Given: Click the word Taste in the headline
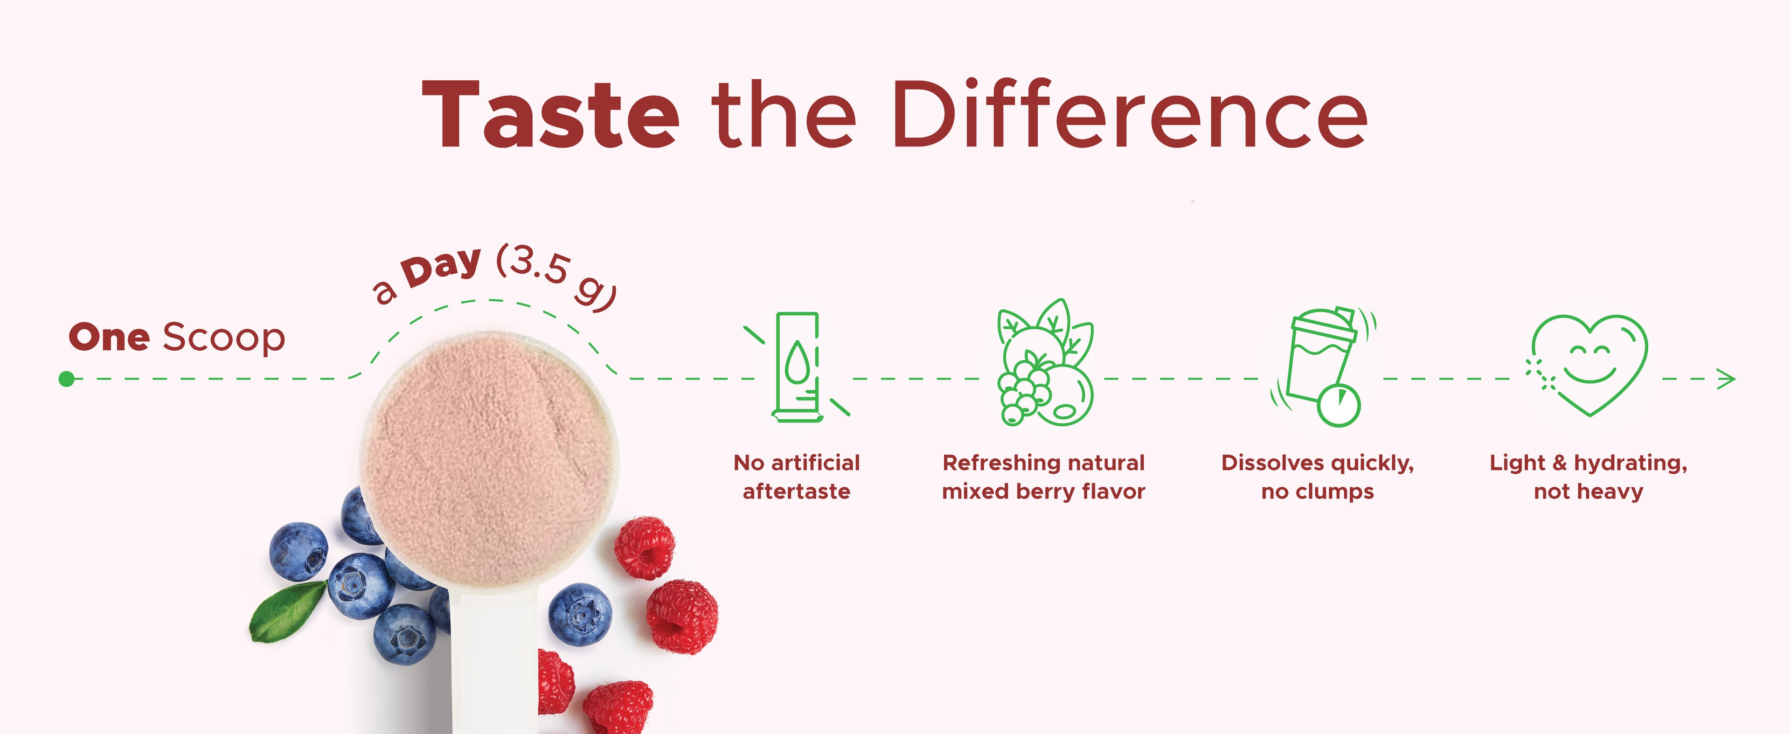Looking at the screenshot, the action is tap(551, 115).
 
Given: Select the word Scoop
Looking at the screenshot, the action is tap(224, 338).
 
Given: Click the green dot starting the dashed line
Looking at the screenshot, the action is tap(67, 379).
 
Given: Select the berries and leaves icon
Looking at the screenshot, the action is tap(1045, 362).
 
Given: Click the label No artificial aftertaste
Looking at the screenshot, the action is tap(797, 477).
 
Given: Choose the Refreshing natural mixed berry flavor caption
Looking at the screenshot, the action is tap(1044, 477).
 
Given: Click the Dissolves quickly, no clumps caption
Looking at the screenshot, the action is tap(1318, 477).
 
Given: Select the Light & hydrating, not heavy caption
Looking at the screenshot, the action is tap(1589, 477).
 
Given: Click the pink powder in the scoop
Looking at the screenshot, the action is tap(490, 459).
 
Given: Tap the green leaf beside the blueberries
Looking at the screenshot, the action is tap(286, 612).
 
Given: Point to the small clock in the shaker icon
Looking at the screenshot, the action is tap(1339, 405).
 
